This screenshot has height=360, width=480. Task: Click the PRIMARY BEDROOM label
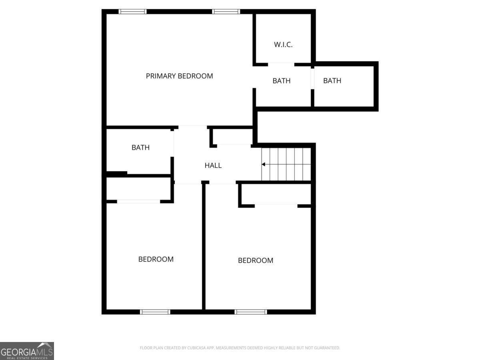pyautogui.click(x=179, y=76)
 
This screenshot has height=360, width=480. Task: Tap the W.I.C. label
pyautogui.click(x=283, y=44)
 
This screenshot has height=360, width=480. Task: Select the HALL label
pyautogui.click(x=213, y=165)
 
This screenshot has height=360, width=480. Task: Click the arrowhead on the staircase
pyautogui.click(x=263, y=164)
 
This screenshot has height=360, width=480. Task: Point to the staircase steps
pyautogui.click(x=286, y=164)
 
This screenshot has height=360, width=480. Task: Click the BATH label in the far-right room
pyautogui.click(x=332, y=81)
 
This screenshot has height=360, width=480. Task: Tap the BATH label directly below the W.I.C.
pyautogui.click(x=282, y=81)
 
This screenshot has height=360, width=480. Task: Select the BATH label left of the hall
pyautogui.click(x=140, y=148)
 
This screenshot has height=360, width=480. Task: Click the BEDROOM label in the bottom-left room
pyautogui.click(x=156, y=259)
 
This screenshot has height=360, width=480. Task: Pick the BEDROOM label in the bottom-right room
pyautogui.click(x=256, y=260)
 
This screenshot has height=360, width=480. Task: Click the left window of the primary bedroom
pyautogui.click(x=133, y=12)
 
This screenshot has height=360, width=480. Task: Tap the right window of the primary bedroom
pyautogui.click(x=226, y=12)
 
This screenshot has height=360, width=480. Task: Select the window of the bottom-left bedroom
pyautogui.click(x=155, y=312)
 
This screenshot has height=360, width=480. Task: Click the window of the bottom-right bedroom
pyautogui.click(x=251, y=312)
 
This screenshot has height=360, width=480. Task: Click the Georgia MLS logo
pyautogui.click(x=27, y=351)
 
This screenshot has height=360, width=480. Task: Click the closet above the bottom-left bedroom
pyautogui.click(x=138, y=188)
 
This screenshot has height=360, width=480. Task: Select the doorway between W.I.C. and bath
pyautogui.click(x=281, y=64)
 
